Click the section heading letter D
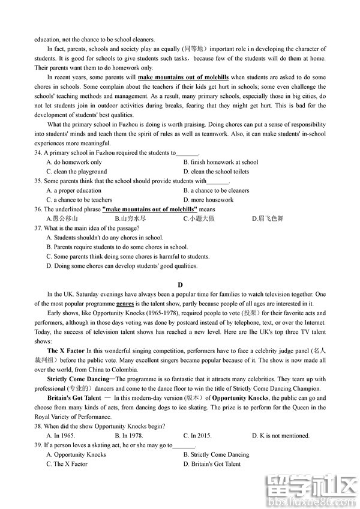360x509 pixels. coord(180,285)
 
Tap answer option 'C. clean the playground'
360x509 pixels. coord(76,172)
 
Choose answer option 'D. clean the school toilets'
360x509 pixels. coord(216,172)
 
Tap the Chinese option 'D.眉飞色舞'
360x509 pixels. coord(268,218)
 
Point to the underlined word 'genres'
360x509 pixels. coord(125,304)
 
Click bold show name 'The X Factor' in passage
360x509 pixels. coord(66,350)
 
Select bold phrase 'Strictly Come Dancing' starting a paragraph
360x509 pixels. coord(78,379)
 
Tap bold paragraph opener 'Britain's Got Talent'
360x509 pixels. coord(74,398)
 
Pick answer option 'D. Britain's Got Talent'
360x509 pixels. coord(212,464)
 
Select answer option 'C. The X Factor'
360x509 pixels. coord(67,464)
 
